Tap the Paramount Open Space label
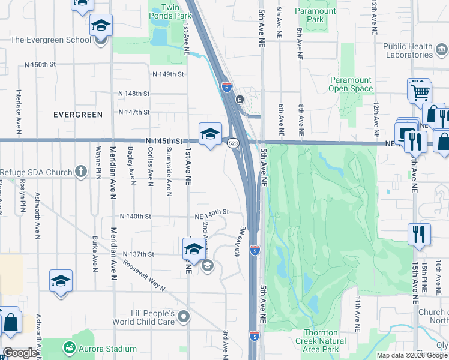(x=351, y=84)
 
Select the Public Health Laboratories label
(x=408, y=50)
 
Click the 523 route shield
(x=234, y=143)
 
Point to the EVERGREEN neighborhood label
(x=78, y=114)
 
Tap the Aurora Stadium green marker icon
(x=70, y=348)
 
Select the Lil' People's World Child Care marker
(x=184, y=316)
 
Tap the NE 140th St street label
(x=212, y=212)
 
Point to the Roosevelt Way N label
(x=144, y=275)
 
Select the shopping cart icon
(x=419, y=91)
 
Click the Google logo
(x=20, y=353)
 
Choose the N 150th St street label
(x=40, y=64)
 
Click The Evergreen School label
(x=51, y=40)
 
